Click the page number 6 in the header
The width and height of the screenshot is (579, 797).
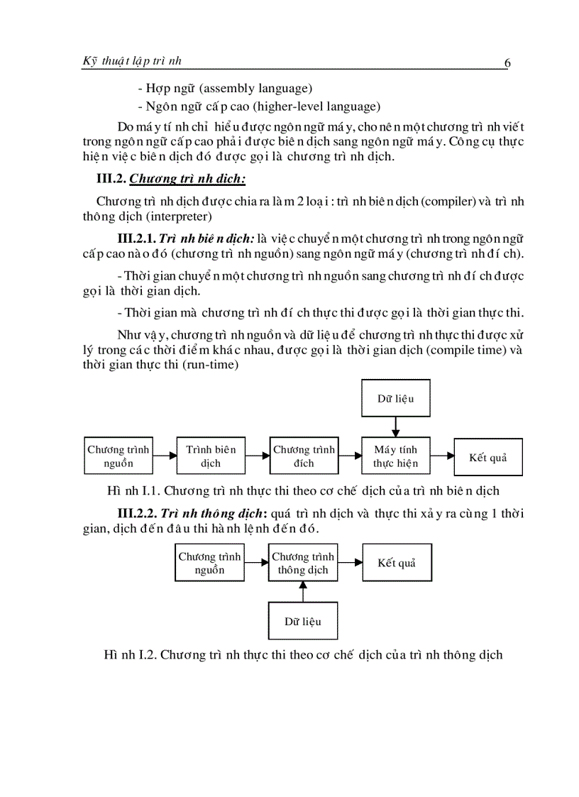point(507,62)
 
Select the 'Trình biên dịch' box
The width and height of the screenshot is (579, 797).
point(211,456)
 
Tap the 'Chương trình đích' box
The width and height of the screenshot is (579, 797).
point(304,456)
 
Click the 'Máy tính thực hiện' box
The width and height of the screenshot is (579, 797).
point(396,456)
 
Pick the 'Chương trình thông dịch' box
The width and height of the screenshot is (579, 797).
point(303,563)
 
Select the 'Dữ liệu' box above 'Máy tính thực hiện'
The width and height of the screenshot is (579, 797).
point(396,398)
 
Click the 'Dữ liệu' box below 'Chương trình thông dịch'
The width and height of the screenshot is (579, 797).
point(303,621)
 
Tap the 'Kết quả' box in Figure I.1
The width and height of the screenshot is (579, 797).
point(488,456)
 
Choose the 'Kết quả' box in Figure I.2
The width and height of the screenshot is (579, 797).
point(397,563)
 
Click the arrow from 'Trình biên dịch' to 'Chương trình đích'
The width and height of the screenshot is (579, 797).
point(258,456)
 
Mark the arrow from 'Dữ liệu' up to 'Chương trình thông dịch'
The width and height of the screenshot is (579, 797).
point(303,591)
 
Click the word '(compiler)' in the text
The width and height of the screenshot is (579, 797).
point(437,202)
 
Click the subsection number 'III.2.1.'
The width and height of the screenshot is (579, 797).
point(136,238)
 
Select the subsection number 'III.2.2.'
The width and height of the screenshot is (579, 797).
point(136,512)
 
